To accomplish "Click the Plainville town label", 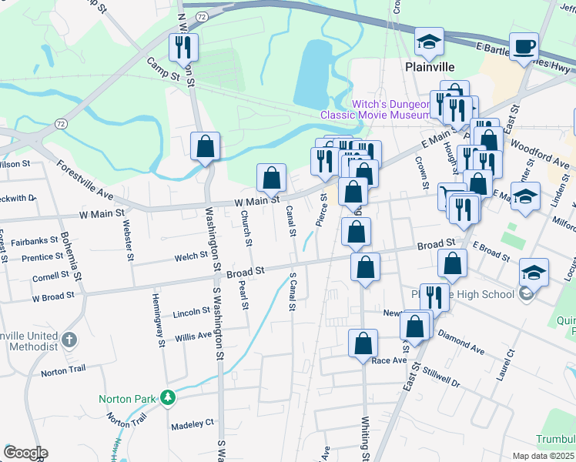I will [428, 67].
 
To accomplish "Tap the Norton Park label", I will [128, 399].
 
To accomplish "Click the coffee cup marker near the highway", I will [525, 47].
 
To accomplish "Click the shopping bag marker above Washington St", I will [206, 146].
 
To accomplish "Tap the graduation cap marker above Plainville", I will [429, 42].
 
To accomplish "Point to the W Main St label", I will [256, 200].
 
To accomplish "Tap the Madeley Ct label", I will [193, 423].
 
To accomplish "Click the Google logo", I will [25, 453].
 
